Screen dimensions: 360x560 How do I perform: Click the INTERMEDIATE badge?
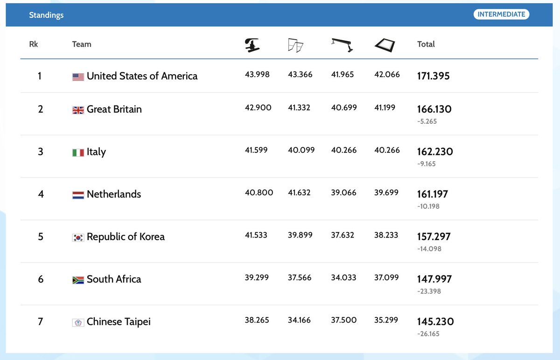click(501, 14)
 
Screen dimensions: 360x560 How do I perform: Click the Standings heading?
click(46, 15)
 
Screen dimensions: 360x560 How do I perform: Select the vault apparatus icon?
click(252, 45)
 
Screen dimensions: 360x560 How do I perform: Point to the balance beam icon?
click(342, 44)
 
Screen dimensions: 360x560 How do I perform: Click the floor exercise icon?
click(385, 45)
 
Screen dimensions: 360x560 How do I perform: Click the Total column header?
click(426, 44)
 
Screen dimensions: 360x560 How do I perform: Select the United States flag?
click(78, 77)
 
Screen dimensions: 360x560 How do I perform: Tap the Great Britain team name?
click(114, 109)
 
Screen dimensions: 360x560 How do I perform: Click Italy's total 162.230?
click(435, 152)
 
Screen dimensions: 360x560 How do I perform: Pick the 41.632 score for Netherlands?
click(300, 192)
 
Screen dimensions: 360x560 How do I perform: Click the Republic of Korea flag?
click(78, 237)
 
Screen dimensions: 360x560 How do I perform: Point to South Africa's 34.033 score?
click(343, 277)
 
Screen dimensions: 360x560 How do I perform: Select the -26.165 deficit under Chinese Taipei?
click(428, 334)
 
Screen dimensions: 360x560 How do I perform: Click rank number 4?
click(41, 194)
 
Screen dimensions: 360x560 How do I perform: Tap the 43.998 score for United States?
click(257, 75)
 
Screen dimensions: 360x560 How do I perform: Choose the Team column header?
click(82, 44)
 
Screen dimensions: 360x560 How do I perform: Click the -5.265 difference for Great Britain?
click(427, 121)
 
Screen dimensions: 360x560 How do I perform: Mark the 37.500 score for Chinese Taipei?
click(343, 320)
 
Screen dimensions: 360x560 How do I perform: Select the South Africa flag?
click(78, 280)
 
